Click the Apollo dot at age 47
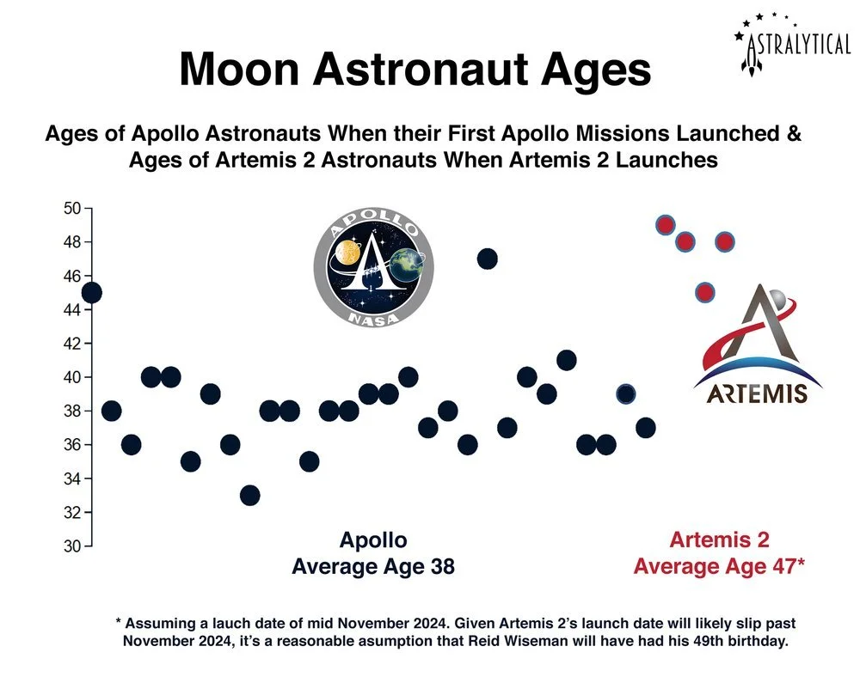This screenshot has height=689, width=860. coord(488,259)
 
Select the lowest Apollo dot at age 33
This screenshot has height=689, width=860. coord(249,495)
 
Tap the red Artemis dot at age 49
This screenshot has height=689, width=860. coord(665,225)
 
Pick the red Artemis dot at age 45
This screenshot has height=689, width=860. coord(704,292)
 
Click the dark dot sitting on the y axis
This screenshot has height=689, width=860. coord(91,292)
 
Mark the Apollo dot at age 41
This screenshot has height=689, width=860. coord(566,360)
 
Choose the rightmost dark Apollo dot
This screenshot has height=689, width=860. coord(645,427)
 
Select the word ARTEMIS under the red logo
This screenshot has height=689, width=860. coord(750,394)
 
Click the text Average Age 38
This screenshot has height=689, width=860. coord(373,567)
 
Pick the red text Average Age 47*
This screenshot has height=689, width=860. coord(719,567)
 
